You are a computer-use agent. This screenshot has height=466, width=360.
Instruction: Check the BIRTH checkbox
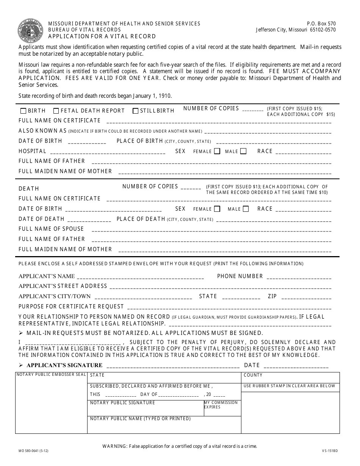point(23,111)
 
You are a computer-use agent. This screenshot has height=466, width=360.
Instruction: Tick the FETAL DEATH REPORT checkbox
point(56,111)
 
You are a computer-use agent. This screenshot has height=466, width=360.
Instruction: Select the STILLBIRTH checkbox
point(135,111)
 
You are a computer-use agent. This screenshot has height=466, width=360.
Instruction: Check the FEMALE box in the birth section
point(217,151)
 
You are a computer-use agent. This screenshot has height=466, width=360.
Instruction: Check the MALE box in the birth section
point(243,151)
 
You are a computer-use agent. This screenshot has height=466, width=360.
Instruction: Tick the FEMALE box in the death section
point(217,209)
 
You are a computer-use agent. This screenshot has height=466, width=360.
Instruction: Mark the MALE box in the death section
point(246,209)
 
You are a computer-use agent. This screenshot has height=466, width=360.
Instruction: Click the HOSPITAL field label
point(33,151)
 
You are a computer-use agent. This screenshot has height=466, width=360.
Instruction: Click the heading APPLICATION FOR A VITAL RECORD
point(102,36)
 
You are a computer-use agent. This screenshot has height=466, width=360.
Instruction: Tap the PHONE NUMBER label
point(240,276)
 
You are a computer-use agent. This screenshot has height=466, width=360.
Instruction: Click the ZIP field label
point(272,296)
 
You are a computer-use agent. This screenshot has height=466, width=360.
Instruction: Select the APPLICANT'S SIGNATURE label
point(64,365)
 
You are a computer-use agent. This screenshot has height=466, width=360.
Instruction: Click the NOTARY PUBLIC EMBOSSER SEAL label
point(51,375)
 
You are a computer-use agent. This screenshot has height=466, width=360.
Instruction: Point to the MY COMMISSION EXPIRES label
point(221,405)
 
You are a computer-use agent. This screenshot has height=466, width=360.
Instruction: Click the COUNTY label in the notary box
point(253,375)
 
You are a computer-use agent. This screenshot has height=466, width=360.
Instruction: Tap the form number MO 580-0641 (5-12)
point(33,451)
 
